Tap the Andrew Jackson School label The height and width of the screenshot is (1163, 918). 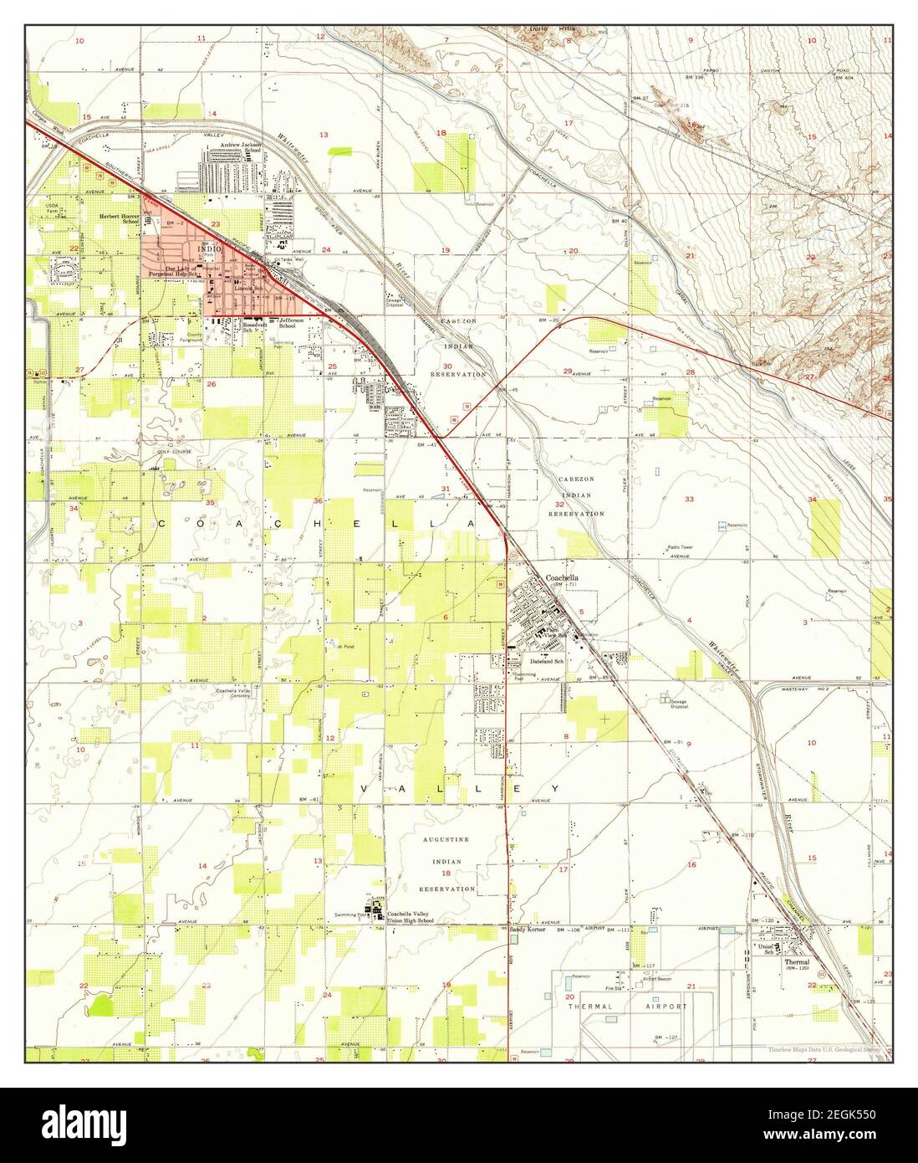tap(241, 148)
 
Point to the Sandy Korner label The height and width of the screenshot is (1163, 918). tap(526, 930)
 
